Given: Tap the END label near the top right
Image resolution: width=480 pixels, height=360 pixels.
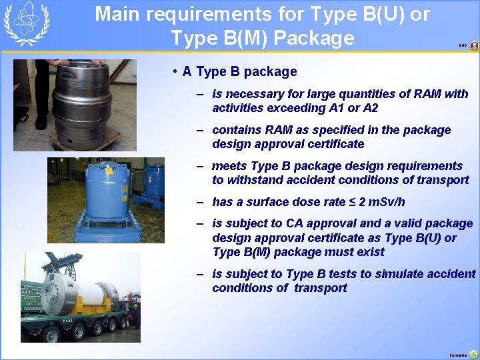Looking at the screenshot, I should tap(462, 45).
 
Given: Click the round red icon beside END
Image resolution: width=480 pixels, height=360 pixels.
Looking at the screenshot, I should tap(474, 45).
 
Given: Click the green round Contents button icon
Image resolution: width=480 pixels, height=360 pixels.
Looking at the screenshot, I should tap(473, 354).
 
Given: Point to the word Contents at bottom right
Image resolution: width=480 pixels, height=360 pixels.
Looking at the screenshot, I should tap(459, 355).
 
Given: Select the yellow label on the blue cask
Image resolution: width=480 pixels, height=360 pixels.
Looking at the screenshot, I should tap(107, 181).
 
